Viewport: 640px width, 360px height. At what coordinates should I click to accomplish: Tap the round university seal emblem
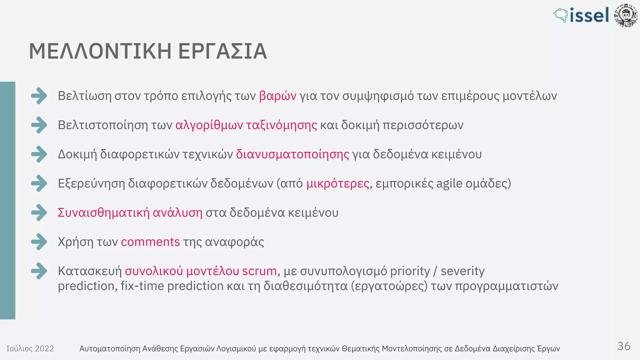click(x=626, y=16)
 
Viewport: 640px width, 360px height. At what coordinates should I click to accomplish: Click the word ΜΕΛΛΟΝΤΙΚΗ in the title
click(x=100, y=51)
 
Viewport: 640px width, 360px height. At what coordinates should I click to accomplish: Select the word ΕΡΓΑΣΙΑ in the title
click(x=222, y=51)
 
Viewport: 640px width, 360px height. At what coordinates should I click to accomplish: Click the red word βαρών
click(x=277, y=96)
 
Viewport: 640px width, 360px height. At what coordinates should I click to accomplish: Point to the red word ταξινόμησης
click(x=282, y=125)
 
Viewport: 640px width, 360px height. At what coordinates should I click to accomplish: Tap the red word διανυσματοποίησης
click(x=292, y=154)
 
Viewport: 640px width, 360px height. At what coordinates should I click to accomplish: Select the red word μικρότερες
click(x=337, y=183)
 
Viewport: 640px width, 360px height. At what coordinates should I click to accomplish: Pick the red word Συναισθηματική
click(x=104, y=212)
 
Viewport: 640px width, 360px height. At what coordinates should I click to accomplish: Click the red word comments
click(x=150, y=242)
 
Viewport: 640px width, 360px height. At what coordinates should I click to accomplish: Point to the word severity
click(x=462, y=271)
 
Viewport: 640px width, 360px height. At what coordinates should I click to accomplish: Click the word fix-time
click(x=142, y=286)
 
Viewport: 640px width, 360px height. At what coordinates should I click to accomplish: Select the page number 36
click(x=624, y=346)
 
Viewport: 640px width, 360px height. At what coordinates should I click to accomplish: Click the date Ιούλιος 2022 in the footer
click(x=30, y=348)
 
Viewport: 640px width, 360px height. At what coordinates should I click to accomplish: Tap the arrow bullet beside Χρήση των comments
click(x=39, y=242)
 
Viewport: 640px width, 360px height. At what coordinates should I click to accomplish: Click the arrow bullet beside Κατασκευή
click(x=39, y=271)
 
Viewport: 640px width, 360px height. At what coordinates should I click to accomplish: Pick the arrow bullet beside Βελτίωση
click(x=39, y=96)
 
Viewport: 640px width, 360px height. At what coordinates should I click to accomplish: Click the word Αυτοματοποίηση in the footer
click(x=110, y=348)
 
